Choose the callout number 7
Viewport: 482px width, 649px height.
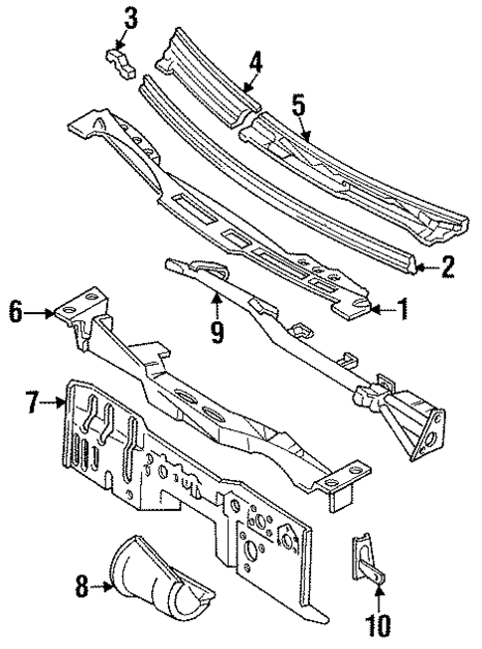pos(34,403)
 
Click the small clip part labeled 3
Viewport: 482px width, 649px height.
pos(117,61)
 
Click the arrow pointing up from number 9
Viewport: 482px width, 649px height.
pos(216,300)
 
